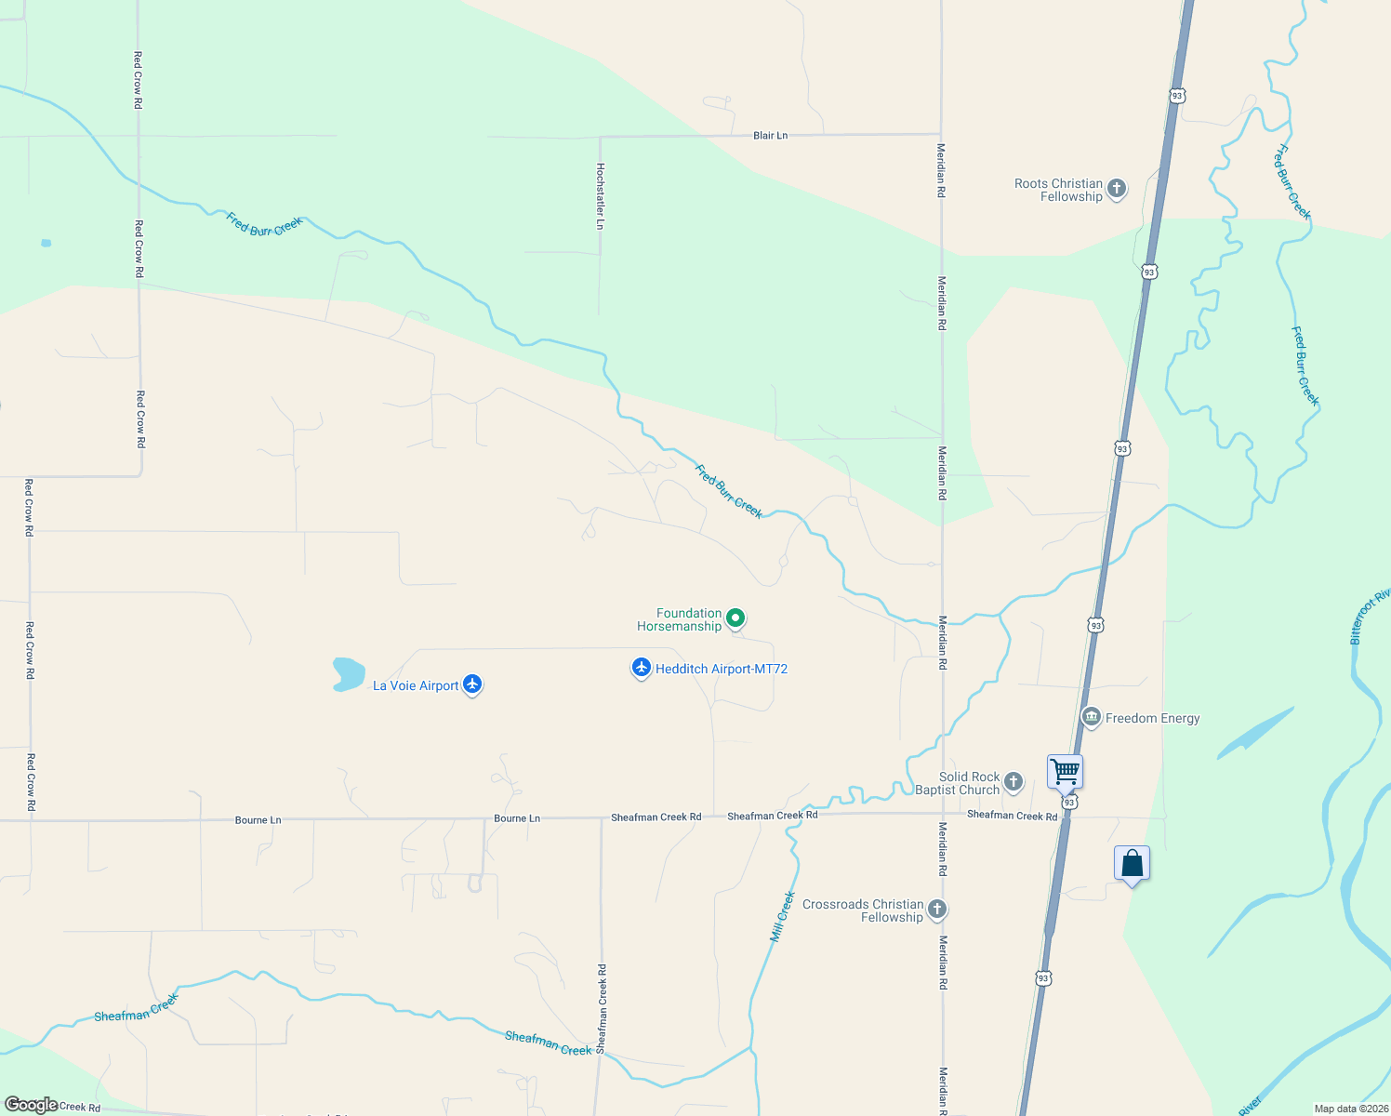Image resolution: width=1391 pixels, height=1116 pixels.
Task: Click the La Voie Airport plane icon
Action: click(472, 684)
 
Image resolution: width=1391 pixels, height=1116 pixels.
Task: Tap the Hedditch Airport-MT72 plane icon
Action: click(641, 668)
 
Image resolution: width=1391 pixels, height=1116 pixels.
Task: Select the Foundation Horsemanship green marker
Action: click(735, 618)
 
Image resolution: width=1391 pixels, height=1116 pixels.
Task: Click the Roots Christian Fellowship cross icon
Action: click(1117, 189)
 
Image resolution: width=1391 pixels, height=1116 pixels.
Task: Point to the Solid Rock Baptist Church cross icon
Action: click(1013, 782)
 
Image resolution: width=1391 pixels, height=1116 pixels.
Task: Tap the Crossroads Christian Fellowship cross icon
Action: click(937, 910)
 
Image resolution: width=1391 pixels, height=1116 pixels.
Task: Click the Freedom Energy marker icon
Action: click(1092, 717)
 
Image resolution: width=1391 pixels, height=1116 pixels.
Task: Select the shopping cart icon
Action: click(1065, 771)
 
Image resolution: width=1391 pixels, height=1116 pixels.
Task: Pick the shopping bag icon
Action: click(1132, 864)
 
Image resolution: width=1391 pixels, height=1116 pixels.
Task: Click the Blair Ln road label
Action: click(770, 136)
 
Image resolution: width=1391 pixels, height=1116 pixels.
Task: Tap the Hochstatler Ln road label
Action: click(601, 196)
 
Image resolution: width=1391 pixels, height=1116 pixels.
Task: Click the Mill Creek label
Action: click(783, 917)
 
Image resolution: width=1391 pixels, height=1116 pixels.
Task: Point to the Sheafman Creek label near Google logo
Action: click(136, 1009)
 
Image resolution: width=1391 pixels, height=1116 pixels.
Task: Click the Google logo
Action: click(31, 1105)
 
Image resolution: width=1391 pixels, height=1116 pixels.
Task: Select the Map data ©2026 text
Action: click(1350, 1109)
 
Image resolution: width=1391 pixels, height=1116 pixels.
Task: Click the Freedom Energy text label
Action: click(1152, 718)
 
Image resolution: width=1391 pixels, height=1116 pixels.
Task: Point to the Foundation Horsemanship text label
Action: click(680, 619)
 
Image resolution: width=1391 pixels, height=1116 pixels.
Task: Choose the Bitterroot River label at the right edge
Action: click(1370, 616)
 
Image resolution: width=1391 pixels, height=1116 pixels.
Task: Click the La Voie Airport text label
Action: click(416, 685)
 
